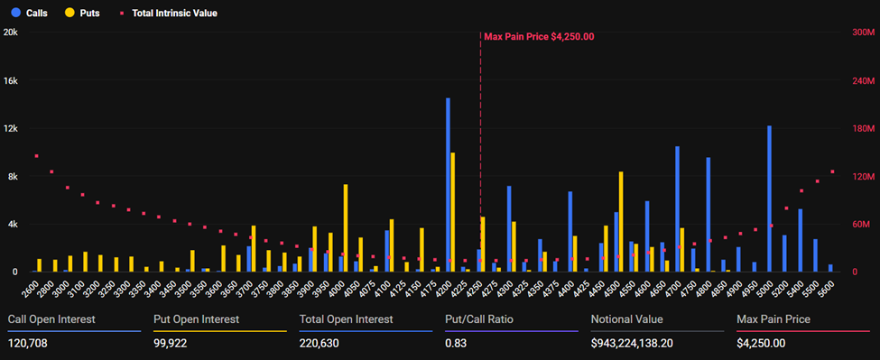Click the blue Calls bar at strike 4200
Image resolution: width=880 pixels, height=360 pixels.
[x=448, y=185]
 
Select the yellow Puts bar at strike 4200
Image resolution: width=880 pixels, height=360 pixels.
[x=453, y=212]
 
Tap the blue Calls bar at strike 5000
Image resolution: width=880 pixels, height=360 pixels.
[x=769, y=198]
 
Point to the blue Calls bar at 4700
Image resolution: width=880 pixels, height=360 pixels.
[x=677, y=209]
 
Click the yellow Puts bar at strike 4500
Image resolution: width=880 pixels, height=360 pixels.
[x=621, y=221]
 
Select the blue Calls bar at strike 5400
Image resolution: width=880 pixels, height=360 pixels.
[x=800, y=240]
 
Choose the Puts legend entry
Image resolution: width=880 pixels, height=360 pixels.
[x=82, y=14]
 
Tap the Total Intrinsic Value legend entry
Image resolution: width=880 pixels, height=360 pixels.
[x=169, y=14]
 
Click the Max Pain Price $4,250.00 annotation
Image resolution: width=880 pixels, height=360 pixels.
[x=539, y=36]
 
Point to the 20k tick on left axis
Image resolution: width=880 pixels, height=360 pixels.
[x=11, y=32]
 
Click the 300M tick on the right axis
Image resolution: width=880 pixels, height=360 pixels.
[x=864, y=32]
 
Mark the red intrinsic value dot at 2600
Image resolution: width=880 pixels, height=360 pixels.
[x=36, y=156]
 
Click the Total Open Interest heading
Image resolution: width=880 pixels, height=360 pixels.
[x=346, y=319]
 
